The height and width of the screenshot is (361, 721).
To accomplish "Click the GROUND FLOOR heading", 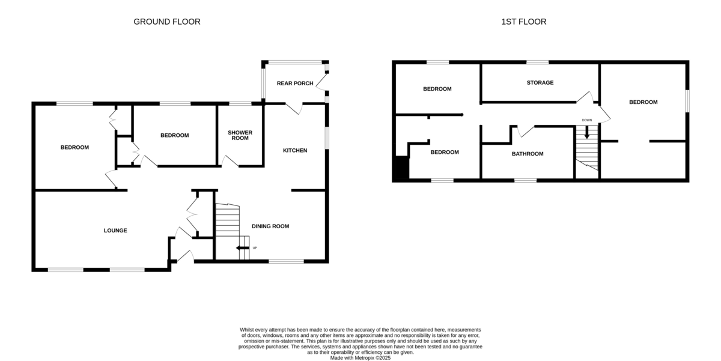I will pyautogui.click(x=166, y=22).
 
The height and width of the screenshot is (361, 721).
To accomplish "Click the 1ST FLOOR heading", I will pyautogui.click(x=523, y=22).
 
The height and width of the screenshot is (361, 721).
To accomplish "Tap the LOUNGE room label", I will pyautogui.click(x=115, y=230).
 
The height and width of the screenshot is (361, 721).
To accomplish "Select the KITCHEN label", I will pyautogui.click(x=295, y=150).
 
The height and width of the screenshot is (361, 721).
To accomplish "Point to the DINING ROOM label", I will pyautogui.click(x=270, y=226).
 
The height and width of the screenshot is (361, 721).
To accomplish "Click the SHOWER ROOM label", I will pyautogui.click(x=240, y=135).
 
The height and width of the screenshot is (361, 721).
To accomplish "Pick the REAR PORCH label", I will pyautogui.click(x=294, y=83).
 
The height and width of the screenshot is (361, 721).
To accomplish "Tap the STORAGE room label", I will pyautogui.click(x=540, y=82).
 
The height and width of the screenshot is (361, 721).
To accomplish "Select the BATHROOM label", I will pyautogui.click(x=527, y=154).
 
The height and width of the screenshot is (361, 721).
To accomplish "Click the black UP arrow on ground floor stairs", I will pyautogui.click(x=243, y=247).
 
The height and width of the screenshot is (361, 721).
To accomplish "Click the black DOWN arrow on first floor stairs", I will pyautogui.click(x=587, y=134).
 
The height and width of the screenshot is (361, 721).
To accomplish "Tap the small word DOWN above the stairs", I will pyautogui.click(x=586, y=120).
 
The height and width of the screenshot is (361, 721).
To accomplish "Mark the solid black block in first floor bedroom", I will pyautogui.click(x=400, y=168).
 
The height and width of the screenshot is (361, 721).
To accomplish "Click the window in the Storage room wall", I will pyautogui.click(x=538, y=62).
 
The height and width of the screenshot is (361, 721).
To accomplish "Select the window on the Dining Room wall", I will pyautogui.click(x=286, y=261).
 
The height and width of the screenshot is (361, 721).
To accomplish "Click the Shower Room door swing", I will pyautogui.click(x=228, y=161).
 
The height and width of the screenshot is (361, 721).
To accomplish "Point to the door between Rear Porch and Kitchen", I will pyautogui.click(x=294, y=108).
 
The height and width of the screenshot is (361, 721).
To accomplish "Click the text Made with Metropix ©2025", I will pyautogui.click(x=360, y=357).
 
